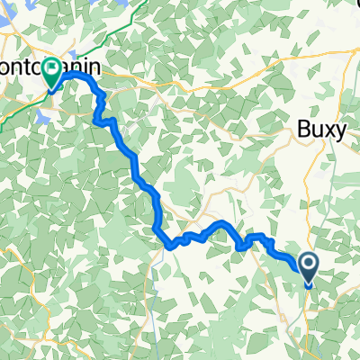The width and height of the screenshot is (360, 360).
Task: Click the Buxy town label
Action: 322,131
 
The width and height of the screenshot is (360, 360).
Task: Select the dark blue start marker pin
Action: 308,267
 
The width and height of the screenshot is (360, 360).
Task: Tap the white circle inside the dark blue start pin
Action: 308,264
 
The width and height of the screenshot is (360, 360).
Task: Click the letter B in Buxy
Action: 304,131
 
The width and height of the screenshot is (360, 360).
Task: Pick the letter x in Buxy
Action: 328,131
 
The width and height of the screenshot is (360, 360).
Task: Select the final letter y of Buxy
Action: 340,133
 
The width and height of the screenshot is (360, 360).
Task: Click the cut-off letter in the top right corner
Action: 354,4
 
